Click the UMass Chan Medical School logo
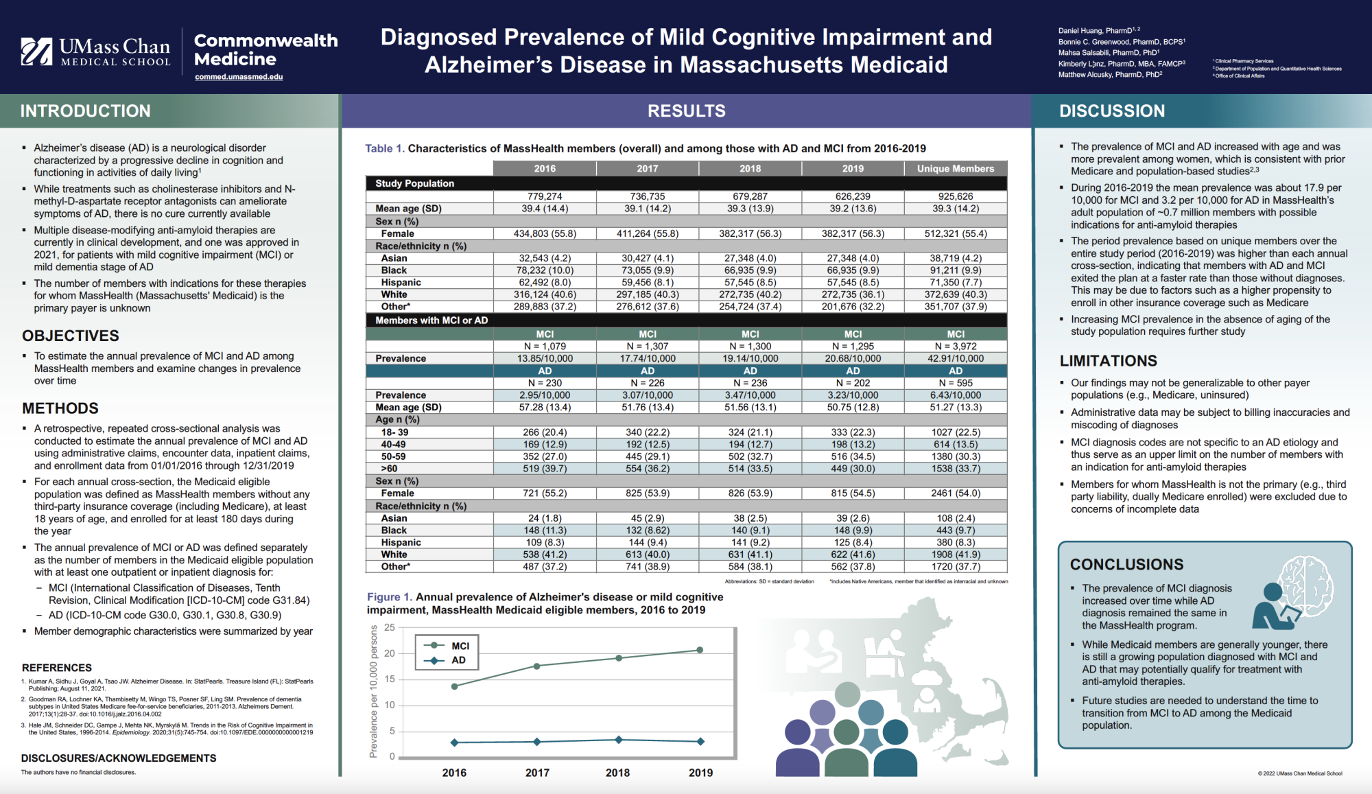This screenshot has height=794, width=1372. point(95,51)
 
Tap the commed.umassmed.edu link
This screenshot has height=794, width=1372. point(239,77)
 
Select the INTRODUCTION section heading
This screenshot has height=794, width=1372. point(85,111)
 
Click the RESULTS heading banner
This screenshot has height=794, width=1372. point(686,111)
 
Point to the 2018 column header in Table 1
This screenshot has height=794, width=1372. point(750,169)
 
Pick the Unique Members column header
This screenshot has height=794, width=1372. point(955,169)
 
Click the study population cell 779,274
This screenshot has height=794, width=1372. point(545,196)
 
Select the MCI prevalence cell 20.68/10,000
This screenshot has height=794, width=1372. point(853,358)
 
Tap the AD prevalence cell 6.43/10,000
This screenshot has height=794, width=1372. point(955,395)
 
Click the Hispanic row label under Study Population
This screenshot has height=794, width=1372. point(401,283)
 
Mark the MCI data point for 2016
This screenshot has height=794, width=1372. point(454,686)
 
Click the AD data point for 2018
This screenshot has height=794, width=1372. point(619,740)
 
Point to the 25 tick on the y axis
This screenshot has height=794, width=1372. point(390,627)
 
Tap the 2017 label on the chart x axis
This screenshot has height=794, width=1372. point(537,773)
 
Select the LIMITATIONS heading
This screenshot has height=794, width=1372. point(1108,361)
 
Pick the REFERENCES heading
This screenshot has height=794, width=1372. point(57,668)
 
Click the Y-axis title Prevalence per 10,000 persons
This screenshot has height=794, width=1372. point(374,692)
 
